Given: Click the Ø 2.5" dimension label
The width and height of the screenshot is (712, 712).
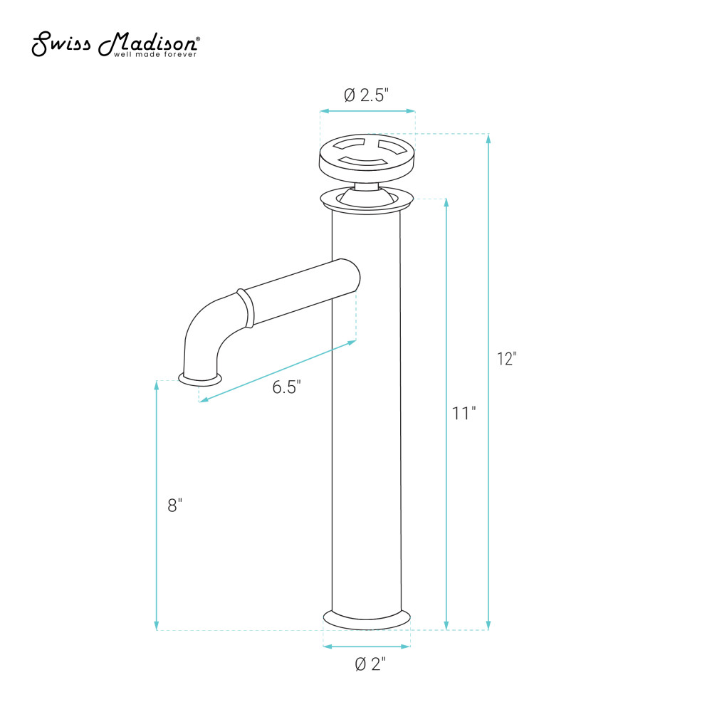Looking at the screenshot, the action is (367, 95).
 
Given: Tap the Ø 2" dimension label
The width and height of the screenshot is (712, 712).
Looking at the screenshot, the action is (370, 664).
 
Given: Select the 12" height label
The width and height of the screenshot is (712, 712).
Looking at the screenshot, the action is (507, 359).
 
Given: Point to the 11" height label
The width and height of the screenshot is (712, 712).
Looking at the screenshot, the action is (464, 413).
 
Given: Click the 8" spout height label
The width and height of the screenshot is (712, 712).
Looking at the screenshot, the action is (175, 506).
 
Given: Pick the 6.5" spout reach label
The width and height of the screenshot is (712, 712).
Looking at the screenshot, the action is (286, 387).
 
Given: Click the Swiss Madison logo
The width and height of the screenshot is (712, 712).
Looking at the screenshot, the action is (115, 44).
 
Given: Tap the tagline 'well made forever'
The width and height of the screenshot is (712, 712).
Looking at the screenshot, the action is (155, 55).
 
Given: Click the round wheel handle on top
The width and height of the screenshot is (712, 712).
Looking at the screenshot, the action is (367, 157).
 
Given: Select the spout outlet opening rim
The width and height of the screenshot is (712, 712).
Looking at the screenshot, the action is (200, 379).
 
